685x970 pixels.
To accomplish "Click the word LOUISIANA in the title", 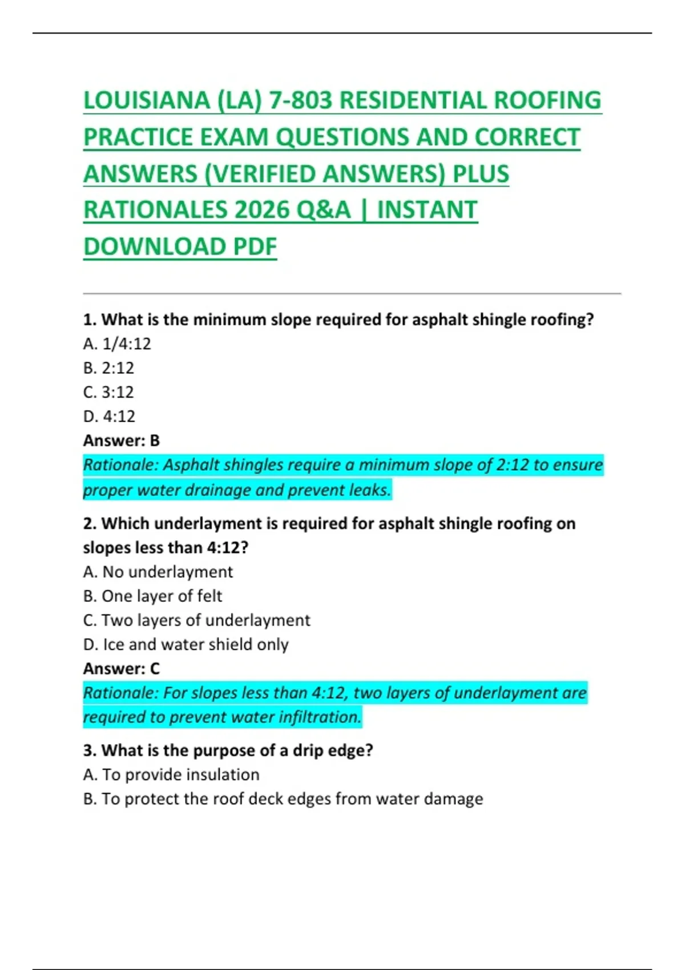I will coord(146,100).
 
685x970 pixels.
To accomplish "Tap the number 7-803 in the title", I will coord(300,100).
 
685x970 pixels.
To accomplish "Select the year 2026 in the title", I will coord(262,210).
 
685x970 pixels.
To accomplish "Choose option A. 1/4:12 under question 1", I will coord(117,343).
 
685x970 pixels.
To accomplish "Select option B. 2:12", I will coord(108,368).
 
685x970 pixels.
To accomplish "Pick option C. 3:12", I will coord(108,392).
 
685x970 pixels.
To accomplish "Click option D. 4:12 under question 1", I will coord(109,417).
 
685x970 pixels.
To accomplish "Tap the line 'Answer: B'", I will coord(122,440).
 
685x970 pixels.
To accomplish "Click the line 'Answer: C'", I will coord(122,668).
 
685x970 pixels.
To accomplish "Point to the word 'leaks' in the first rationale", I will coord(371,490).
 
